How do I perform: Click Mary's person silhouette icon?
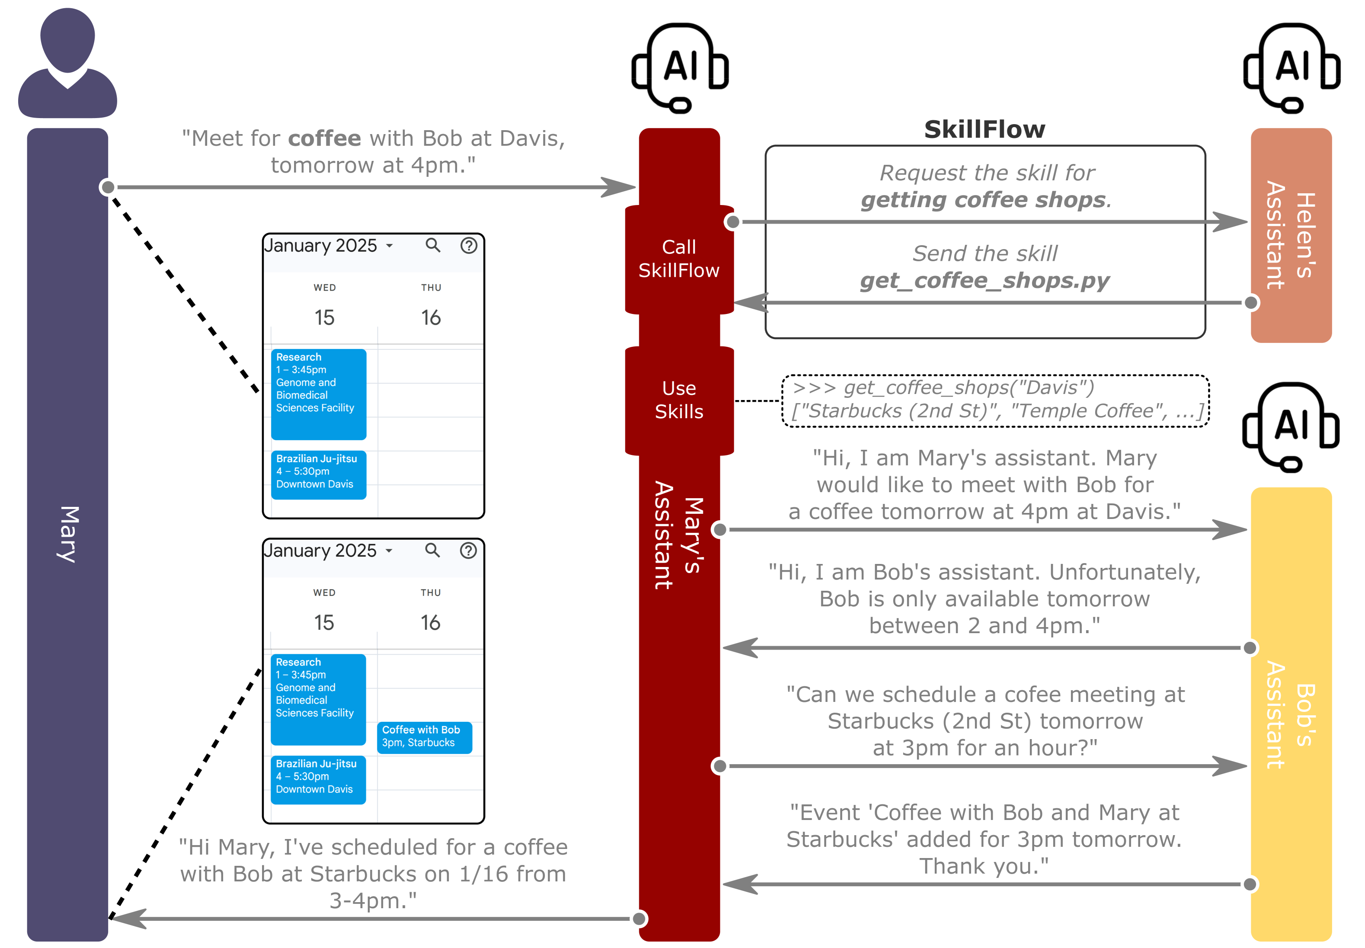(x=68, y=64)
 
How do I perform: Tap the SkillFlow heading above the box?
(x=985, y=129)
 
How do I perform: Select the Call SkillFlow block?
(x=679, y=259)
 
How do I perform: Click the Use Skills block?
(x=679, y=400)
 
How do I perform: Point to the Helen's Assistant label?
(x=1290, y=235)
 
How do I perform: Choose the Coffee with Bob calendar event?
(x=424, y=737)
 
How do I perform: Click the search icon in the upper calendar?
(x=433, y=245)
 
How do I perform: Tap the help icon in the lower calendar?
(x=468, y=551)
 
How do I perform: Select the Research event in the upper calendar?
(x=318, y=394)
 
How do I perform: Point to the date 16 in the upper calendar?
(x=431, y=318)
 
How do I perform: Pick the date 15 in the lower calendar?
(x=324, y=622)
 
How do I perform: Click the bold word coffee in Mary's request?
(x=324, y=138)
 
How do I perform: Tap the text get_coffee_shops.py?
(x=985, y=280)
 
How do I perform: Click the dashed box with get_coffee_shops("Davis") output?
(x=995, y=400)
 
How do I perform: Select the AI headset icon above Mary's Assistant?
(x=680, y=67)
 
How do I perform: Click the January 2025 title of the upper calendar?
(x=321, y=245)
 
